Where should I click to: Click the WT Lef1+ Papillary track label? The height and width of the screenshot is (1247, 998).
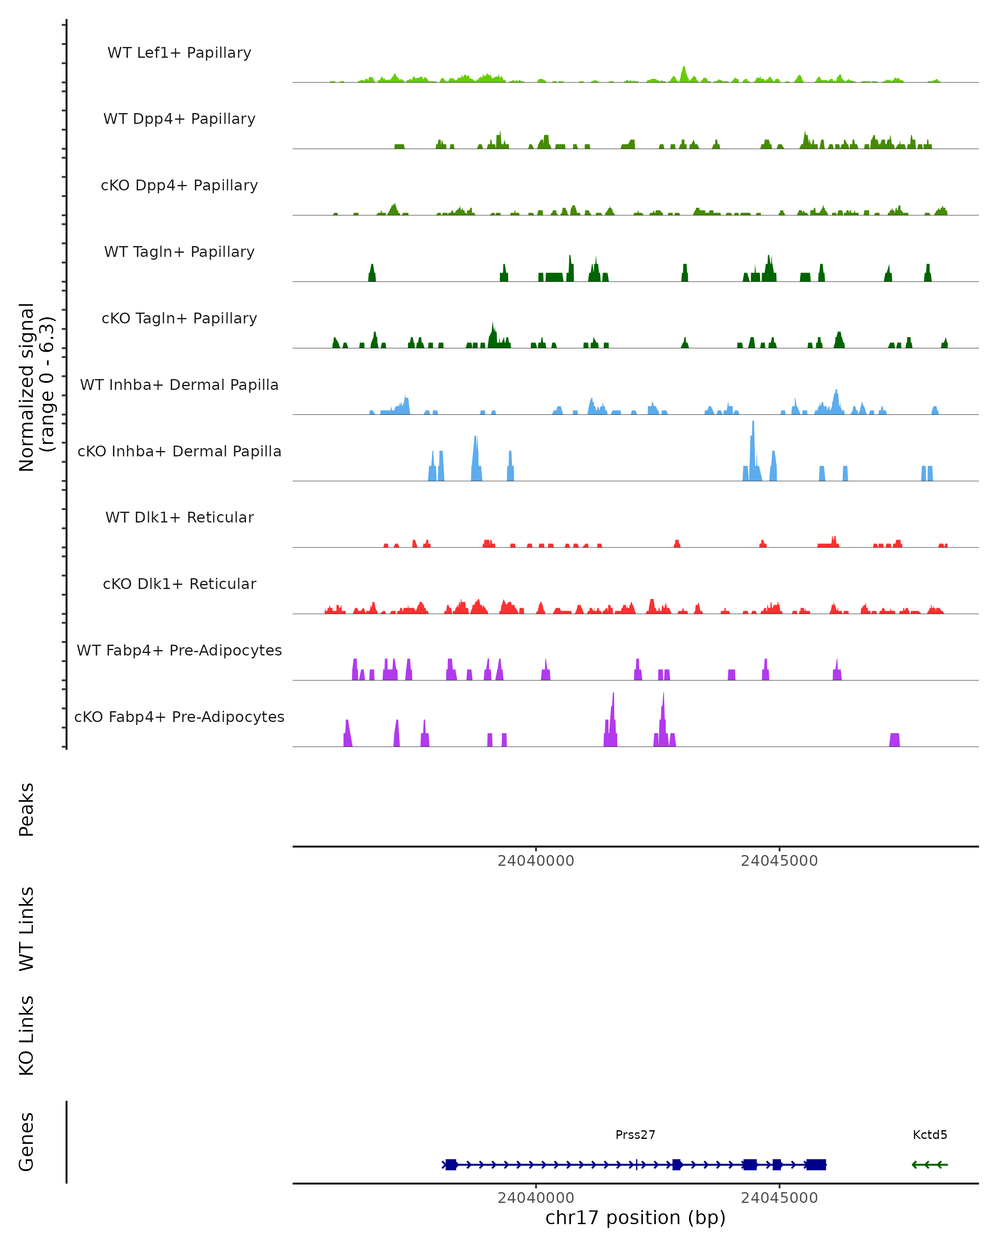(179, 53)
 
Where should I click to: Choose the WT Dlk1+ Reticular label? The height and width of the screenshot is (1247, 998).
(179, 517)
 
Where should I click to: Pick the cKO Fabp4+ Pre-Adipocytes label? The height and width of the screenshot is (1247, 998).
(179, 717)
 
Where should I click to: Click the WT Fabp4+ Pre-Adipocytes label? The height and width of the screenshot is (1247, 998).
(179, 650)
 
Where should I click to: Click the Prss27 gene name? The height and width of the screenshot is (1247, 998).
(635, 1135)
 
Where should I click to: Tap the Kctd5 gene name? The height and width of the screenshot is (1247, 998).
(930, 1135)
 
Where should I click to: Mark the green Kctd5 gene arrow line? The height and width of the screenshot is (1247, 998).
(930, 1165)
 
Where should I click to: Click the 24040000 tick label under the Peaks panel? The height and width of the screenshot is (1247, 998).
(536, 861)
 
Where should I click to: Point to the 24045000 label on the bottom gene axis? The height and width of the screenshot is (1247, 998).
(779, 1198)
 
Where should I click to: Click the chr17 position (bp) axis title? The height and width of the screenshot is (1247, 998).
(635, 1217)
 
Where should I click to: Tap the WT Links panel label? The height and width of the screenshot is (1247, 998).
(27, 928)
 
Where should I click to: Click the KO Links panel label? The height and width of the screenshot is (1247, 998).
(27, 1035)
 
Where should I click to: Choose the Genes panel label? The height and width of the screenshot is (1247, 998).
(27, 1142)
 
